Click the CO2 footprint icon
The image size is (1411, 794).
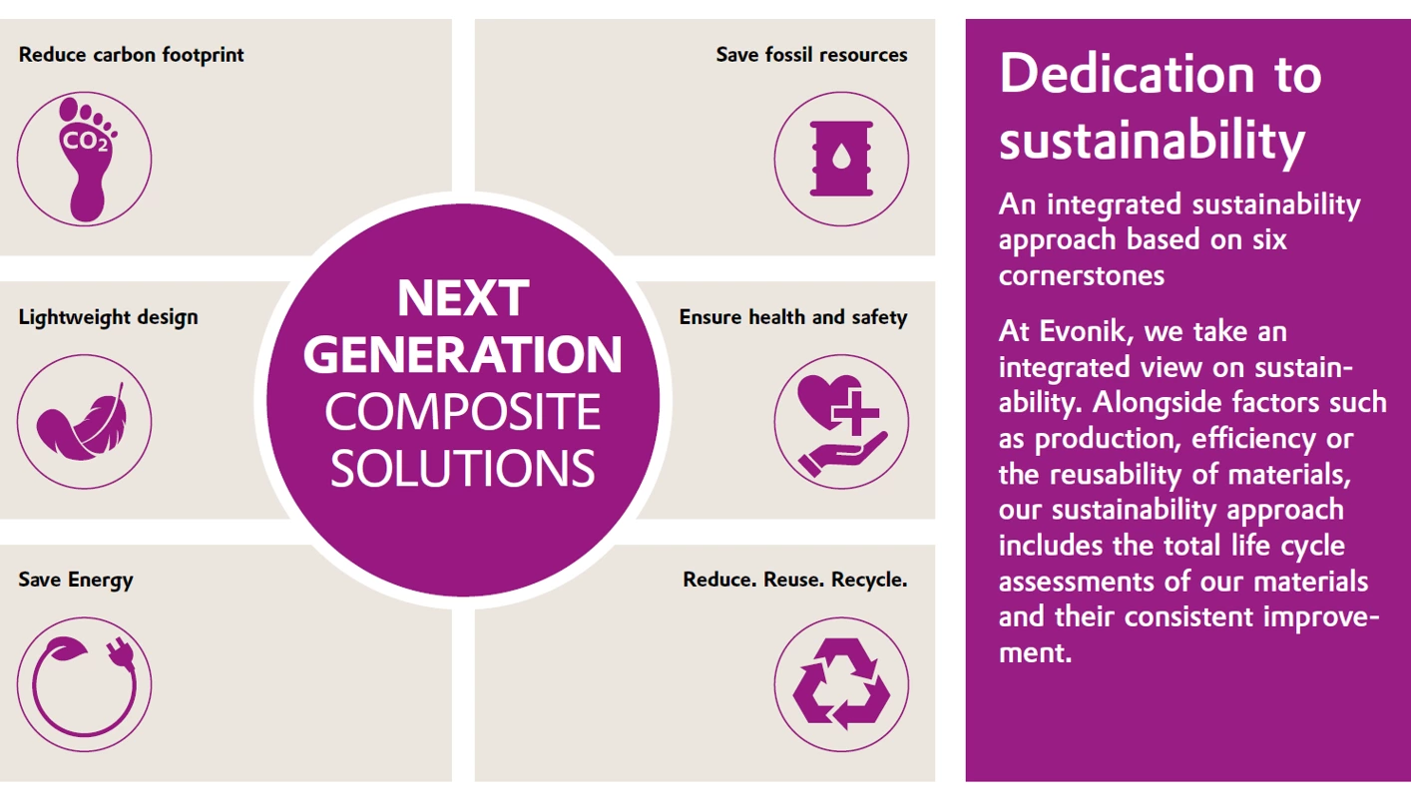pyautogui.click(x=87, y=160)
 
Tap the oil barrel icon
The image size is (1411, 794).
pyautogui.click(x=841, y=159)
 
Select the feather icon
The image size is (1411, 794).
pyautogui.click(x=82, y=422)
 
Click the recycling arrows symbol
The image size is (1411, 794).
pyautogui.click(x=841, y=684)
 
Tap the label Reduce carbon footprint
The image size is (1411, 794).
pyautogui.click(x=131, y=56)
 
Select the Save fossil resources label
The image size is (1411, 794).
pyautogui.click(x=811, y=56)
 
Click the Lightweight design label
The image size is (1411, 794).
pyautogui.click(x=109, y=317)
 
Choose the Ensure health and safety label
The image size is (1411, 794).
pyautogui.click(x=793, y=317)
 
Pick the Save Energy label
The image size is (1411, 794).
pyautogui.click(x=76, y=580)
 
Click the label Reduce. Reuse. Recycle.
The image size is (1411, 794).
pyautogui.click(x=795, y=580)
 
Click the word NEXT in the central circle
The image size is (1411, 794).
pyautogui.click(x=463, y=298)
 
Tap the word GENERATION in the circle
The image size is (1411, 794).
pyautogui.click(x=463, y=354)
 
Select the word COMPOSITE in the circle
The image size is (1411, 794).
pyautogui.click(x=463, y=412)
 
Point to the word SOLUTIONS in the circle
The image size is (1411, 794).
pyautogui.click(x=463, y=469)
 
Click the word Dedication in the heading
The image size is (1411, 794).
pyautogui.click(x=1127, y=74)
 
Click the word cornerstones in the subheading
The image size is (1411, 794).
pyautogui.click(x=1082, y=275)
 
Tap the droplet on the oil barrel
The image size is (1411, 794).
pyautogui.click(x=841, y=157)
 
